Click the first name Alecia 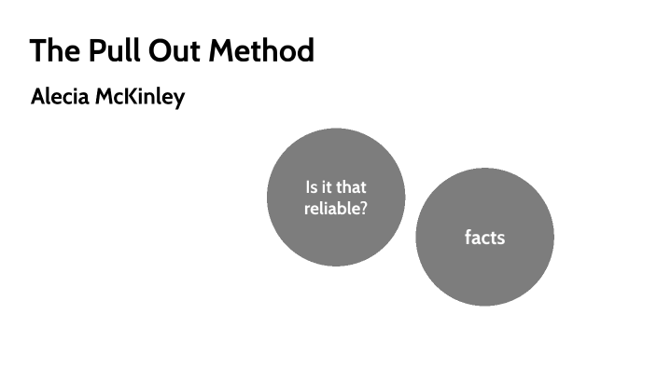[x=59, y=98]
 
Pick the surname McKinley [x=138, y=98]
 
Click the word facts [x=484, y=238]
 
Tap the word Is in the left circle [x=311, y=187]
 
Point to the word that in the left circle [x=351, y=187]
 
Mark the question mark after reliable [x=362, y=209]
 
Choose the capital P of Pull [x=95, y=50]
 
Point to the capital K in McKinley [x=122, y=98]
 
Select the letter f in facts [x=468, y=237]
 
